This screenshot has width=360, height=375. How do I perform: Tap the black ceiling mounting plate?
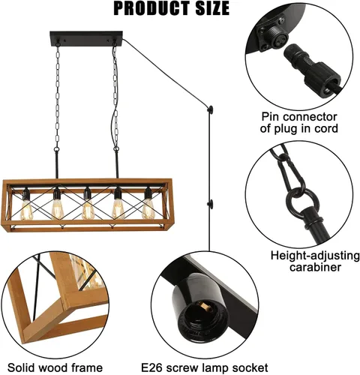tap(86, 38)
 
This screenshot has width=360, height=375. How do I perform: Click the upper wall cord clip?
tap(211, 109)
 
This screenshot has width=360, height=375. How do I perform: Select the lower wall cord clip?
tap(211, 203)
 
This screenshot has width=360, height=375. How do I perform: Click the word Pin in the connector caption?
tap(271, 117)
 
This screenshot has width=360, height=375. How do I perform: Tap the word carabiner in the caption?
tap(315, 267)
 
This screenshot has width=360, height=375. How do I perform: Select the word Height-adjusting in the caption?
tap(315, 256)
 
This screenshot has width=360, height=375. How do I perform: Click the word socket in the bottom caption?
tap(250, 368)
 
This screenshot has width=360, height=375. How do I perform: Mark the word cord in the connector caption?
tap(325, 128)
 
